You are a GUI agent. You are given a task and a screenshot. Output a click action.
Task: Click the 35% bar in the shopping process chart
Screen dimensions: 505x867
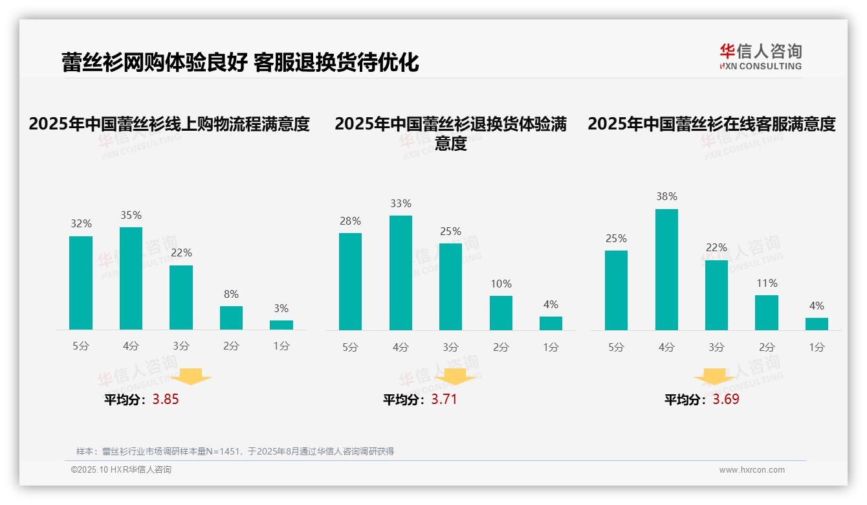(x=131, y=278)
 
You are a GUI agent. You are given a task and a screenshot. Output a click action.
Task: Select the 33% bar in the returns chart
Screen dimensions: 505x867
(x=401, y=273)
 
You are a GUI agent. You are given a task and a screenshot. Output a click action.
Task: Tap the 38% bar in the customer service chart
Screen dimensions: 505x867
(x=666, y=269)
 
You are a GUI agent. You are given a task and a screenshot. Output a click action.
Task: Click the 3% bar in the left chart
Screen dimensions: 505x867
(x=281, y=325)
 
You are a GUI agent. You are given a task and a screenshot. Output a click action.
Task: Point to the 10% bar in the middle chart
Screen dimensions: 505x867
(x=501, y=313)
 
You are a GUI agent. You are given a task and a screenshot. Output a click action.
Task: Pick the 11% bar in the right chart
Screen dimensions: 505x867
(x=767, y=313)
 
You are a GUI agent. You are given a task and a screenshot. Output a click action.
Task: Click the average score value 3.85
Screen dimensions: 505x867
(x=166, y=399)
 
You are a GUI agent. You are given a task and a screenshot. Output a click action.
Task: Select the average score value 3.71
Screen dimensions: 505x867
(x=444, y=399)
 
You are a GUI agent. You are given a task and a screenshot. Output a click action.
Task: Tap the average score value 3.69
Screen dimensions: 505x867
(x=726, y=399)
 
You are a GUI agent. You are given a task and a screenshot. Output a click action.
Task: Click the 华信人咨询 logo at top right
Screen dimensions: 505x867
(x=760, y=56)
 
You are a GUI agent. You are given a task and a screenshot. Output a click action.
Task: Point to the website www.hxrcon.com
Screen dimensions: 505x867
(x=752, y=470)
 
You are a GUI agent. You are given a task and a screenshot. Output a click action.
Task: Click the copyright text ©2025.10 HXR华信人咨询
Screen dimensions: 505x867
(x=121, y=470)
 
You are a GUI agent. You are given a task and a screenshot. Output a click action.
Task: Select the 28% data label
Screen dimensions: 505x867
(x=350, y=221)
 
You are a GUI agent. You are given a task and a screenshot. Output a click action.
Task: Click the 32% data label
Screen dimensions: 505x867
(x=81, y=224)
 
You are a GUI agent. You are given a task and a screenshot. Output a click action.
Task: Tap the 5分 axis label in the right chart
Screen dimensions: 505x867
(x=616, y=348)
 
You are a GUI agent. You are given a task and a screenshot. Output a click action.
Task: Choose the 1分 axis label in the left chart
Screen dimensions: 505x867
(x=281, y=346)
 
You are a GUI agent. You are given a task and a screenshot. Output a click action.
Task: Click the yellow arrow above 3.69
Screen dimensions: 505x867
(x=714, y=378)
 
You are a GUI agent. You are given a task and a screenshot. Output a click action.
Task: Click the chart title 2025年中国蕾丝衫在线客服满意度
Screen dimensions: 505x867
(x=712, y=124)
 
